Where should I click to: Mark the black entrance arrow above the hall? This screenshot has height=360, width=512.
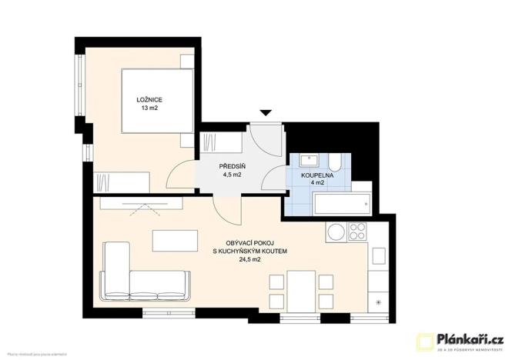266,113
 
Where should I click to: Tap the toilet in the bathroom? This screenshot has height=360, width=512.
336,162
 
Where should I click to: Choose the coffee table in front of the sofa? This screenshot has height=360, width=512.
174,241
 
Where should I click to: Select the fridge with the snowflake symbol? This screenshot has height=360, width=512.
378,302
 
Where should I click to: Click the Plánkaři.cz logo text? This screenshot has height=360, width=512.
470,338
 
